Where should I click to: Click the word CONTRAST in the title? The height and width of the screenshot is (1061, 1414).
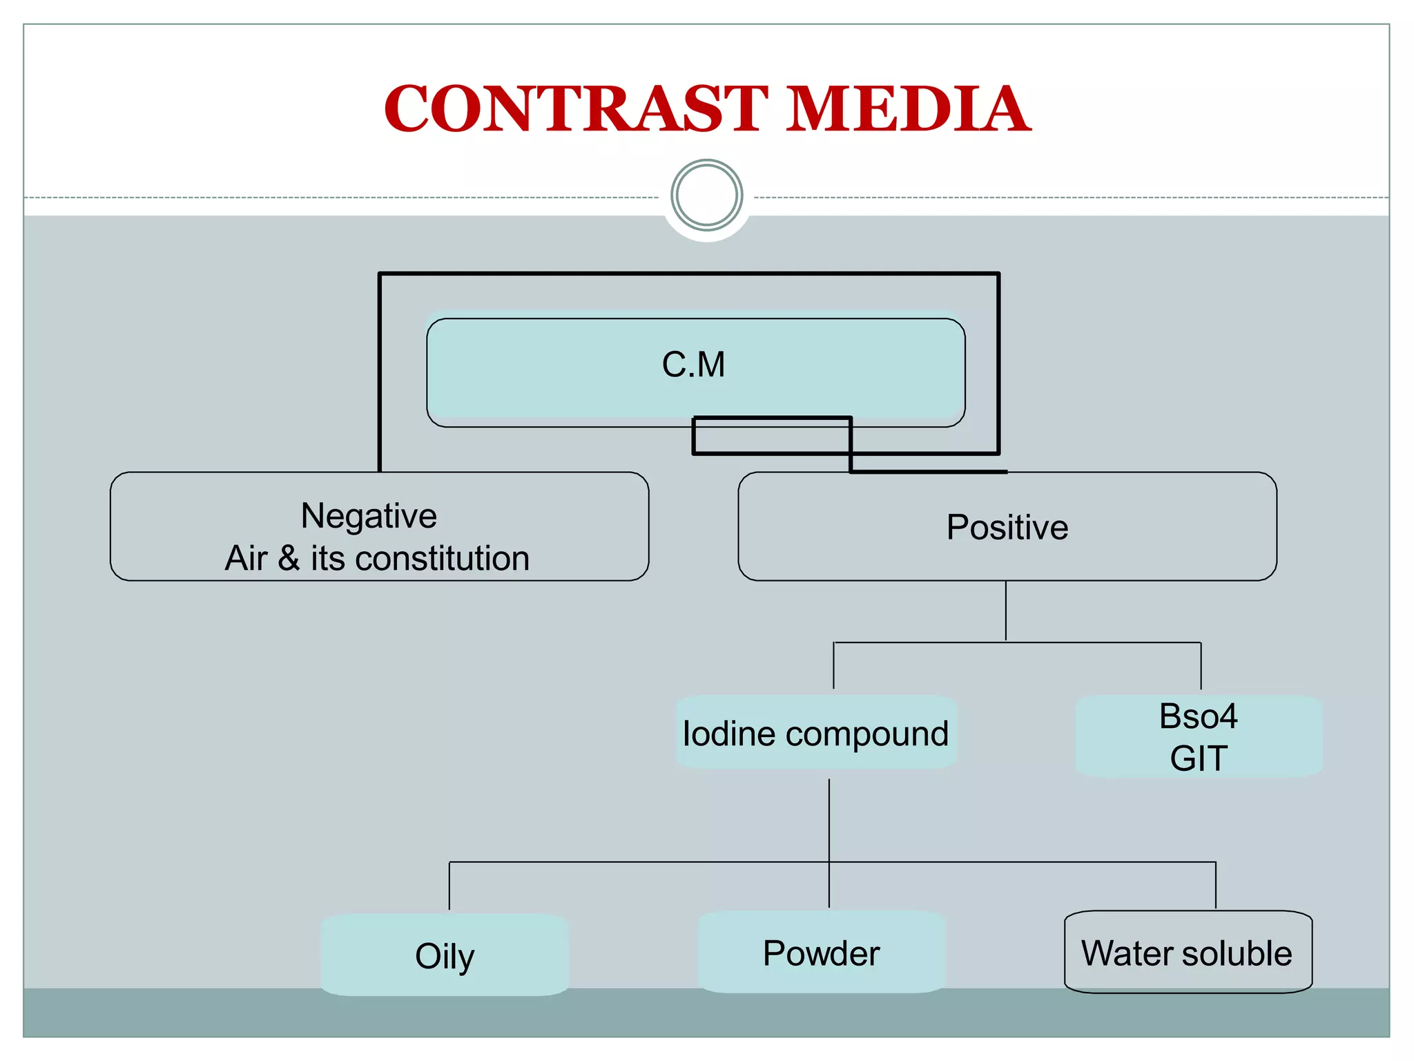(575, 108)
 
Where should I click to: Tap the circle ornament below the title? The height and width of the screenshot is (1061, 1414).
(706, 195)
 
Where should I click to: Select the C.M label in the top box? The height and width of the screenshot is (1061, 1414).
(693, 365)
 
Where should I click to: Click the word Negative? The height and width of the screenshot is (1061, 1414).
(369, 516)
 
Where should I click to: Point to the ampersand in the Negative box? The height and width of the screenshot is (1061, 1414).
(289, 558)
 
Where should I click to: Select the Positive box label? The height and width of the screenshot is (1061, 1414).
(1007, 527)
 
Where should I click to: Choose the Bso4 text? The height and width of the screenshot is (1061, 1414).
(1198, 716)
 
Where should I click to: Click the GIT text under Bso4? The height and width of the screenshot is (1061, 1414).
(1198, 758)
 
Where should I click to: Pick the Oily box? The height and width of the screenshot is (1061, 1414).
(445, 956)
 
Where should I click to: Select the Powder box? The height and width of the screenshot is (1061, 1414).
(821, 953)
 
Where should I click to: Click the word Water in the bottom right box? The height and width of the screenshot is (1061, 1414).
(1125, 953)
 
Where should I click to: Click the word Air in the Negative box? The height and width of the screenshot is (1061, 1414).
(246, 558)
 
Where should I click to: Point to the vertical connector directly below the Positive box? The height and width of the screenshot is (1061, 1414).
(1006, 611)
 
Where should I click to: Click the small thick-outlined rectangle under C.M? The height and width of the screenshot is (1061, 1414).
(772, 436)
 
